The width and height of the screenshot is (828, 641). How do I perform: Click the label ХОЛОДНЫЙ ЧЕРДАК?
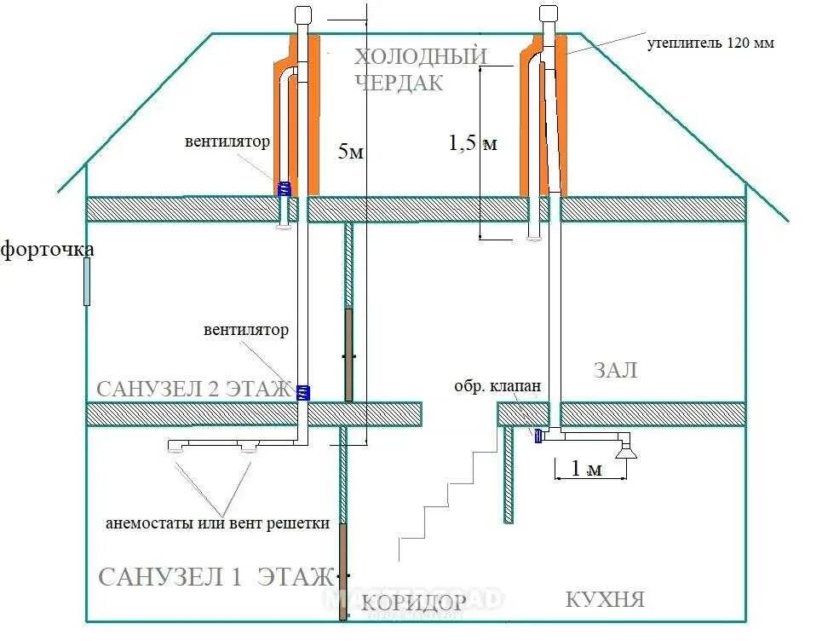(x=421, y=70)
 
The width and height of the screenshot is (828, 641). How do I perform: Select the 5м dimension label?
(x=351, y=153)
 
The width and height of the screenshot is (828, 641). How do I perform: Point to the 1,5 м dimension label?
(x=473, y=143)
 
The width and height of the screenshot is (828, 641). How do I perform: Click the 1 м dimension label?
(x=586, y=469)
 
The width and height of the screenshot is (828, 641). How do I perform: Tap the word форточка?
(x=47, y=250)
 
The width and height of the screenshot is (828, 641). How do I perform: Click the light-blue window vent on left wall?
(x=87, y=281)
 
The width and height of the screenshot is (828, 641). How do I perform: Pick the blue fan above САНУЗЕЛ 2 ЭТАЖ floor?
(x=302, y=392)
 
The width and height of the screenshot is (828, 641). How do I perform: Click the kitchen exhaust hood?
(x=628, y=449)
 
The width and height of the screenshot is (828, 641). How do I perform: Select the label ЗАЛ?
(x=615, y=371)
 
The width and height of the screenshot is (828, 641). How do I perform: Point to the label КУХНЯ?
(x=605, y=599)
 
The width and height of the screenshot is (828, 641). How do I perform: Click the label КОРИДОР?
(x=414, y=603)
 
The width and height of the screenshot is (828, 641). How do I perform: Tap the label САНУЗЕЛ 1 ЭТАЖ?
(x=215, y=577)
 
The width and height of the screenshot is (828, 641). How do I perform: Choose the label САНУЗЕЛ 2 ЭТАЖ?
(x=193, y=390)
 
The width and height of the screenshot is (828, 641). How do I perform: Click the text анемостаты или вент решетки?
(x=217, y=523)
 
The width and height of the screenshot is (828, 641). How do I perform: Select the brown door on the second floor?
(x=348, y=354)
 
